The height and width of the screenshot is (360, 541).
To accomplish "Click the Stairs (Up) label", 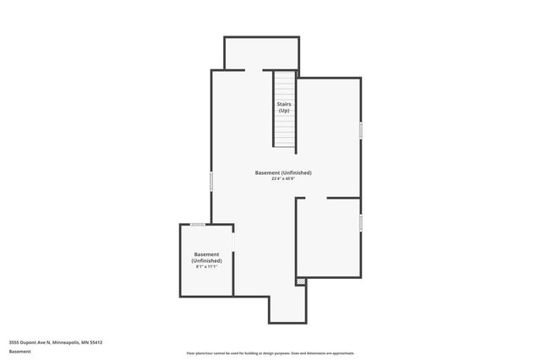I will point(284,106).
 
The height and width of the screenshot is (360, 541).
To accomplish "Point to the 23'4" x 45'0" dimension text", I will point(283,179).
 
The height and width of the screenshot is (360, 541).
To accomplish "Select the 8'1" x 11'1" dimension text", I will point(207,267).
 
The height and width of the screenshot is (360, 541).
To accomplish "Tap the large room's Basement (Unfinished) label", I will point(283,172).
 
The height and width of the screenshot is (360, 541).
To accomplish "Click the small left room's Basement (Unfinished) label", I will point(207,258).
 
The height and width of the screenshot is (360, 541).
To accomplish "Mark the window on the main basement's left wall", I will point(211,181).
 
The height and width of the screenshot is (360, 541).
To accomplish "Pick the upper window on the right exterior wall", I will point(361,130).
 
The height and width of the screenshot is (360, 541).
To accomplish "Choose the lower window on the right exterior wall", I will point(361,222).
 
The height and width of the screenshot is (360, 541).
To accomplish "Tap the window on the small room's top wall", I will point(198,224).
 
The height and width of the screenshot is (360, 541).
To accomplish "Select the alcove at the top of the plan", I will point(261,52).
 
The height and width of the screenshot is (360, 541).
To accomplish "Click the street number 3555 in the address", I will point(14,342).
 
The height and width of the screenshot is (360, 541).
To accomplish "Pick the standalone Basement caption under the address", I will point(19,352).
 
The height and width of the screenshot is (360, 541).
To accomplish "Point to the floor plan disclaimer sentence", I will point(270,353).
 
